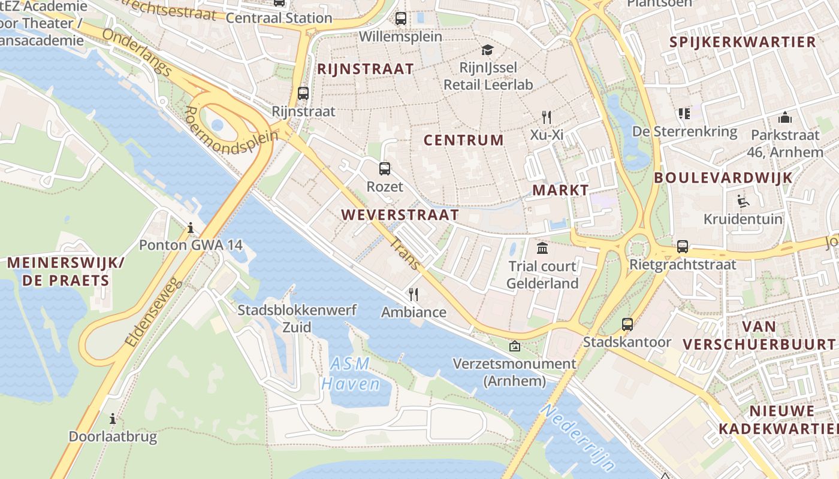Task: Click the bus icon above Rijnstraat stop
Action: click(303, 93)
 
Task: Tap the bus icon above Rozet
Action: click(385, 169)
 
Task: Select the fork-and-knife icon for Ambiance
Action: click(413, 294)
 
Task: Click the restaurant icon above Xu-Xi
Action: click(546, 117)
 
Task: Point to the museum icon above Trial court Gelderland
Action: click(542, 248)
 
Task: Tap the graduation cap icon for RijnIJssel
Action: click(487, 50)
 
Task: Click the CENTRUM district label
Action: click(464, 140)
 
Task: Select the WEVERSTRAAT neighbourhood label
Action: click(400, 214)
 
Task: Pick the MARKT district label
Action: click(561, 190)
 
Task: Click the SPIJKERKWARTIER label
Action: click(743, 42)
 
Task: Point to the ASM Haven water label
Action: click(351, 374)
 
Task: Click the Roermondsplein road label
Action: click(231, 132)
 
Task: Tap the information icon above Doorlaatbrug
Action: click(112, 419)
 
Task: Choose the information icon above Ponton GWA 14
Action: click(191, 228)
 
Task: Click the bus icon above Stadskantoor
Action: click(627, 325)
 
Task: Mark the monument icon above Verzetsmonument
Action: click(514, 346)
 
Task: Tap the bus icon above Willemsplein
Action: click(401, 19)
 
